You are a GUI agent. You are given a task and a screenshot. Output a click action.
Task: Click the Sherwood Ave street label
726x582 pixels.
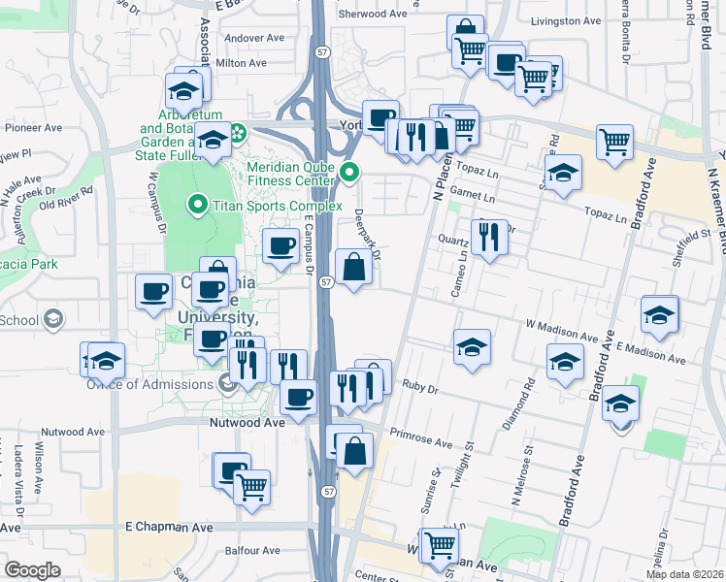[x=373, y=15]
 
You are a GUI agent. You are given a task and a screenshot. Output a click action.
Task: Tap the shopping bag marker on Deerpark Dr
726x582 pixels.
[x=353, y=266]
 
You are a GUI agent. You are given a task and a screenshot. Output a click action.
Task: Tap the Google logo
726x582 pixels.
[x=32, y=569]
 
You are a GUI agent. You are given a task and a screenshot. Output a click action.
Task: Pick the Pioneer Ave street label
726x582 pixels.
[x=33, y=127]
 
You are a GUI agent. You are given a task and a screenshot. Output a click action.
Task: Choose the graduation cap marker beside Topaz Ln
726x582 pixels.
[x=562, y=176]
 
